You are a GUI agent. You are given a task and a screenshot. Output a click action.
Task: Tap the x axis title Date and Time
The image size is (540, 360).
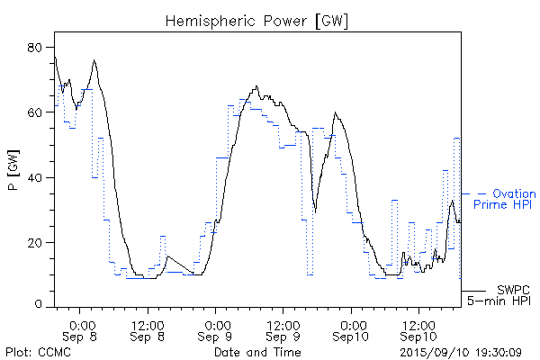pyautogui.click(x=256, y=352)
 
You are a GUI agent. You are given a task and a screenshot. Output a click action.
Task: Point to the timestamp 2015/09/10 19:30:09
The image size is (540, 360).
pyautogui.click(x=460, y=352)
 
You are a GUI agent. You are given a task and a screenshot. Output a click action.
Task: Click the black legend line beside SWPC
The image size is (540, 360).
pyautogui.click(x=472, y=290)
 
